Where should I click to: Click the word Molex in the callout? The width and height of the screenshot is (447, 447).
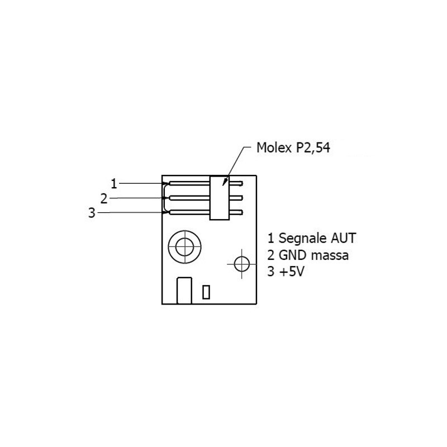274,148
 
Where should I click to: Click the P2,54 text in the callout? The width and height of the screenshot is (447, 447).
313,148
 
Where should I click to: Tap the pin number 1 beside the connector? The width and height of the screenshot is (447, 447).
114,184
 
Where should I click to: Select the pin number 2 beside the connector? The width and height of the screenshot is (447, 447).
104,199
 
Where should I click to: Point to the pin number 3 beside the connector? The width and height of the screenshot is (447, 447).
92,213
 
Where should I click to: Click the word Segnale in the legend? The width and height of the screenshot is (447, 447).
302,239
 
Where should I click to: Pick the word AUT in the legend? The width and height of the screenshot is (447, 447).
343,238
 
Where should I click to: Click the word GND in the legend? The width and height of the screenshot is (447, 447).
292,255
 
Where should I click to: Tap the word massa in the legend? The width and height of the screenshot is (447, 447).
330,256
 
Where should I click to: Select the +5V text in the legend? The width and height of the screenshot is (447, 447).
292,272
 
